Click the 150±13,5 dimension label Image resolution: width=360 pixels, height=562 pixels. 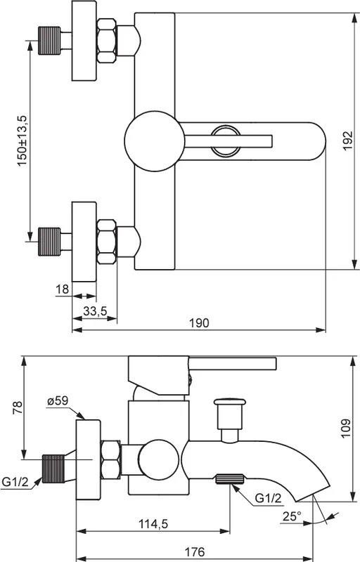[22, 141]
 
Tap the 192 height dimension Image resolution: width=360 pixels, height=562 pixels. [348, 141]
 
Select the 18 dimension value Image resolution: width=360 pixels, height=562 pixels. [63, 289]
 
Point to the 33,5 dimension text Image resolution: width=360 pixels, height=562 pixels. [95, 311]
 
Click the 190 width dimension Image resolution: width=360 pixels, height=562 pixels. [199, 322]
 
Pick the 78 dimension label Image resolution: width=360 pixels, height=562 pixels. [17, 408]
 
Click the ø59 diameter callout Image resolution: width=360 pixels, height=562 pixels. [58, 400]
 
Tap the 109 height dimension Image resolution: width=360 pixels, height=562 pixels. [345, 428]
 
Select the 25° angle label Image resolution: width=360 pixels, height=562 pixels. [292, 516]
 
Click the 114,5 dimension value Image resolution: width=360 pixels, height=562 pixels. [153, 524]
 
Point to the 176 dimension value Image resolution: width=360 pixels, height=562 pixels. [194, 551]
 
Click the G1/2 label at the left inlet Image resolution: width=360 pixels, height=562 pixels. [15, 482]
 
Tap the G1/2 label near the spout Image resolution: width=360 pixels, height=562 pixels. [268, 498]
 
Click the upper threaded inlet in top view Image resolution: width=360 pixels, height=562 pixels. [49, 41]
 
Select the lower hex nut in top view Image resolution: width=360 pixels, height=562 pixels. [106, 242]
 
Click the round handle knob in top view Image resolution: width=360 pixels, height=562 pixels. [151, 141]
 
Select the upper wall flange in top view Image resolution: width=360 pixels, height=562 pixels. [84, 41]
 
